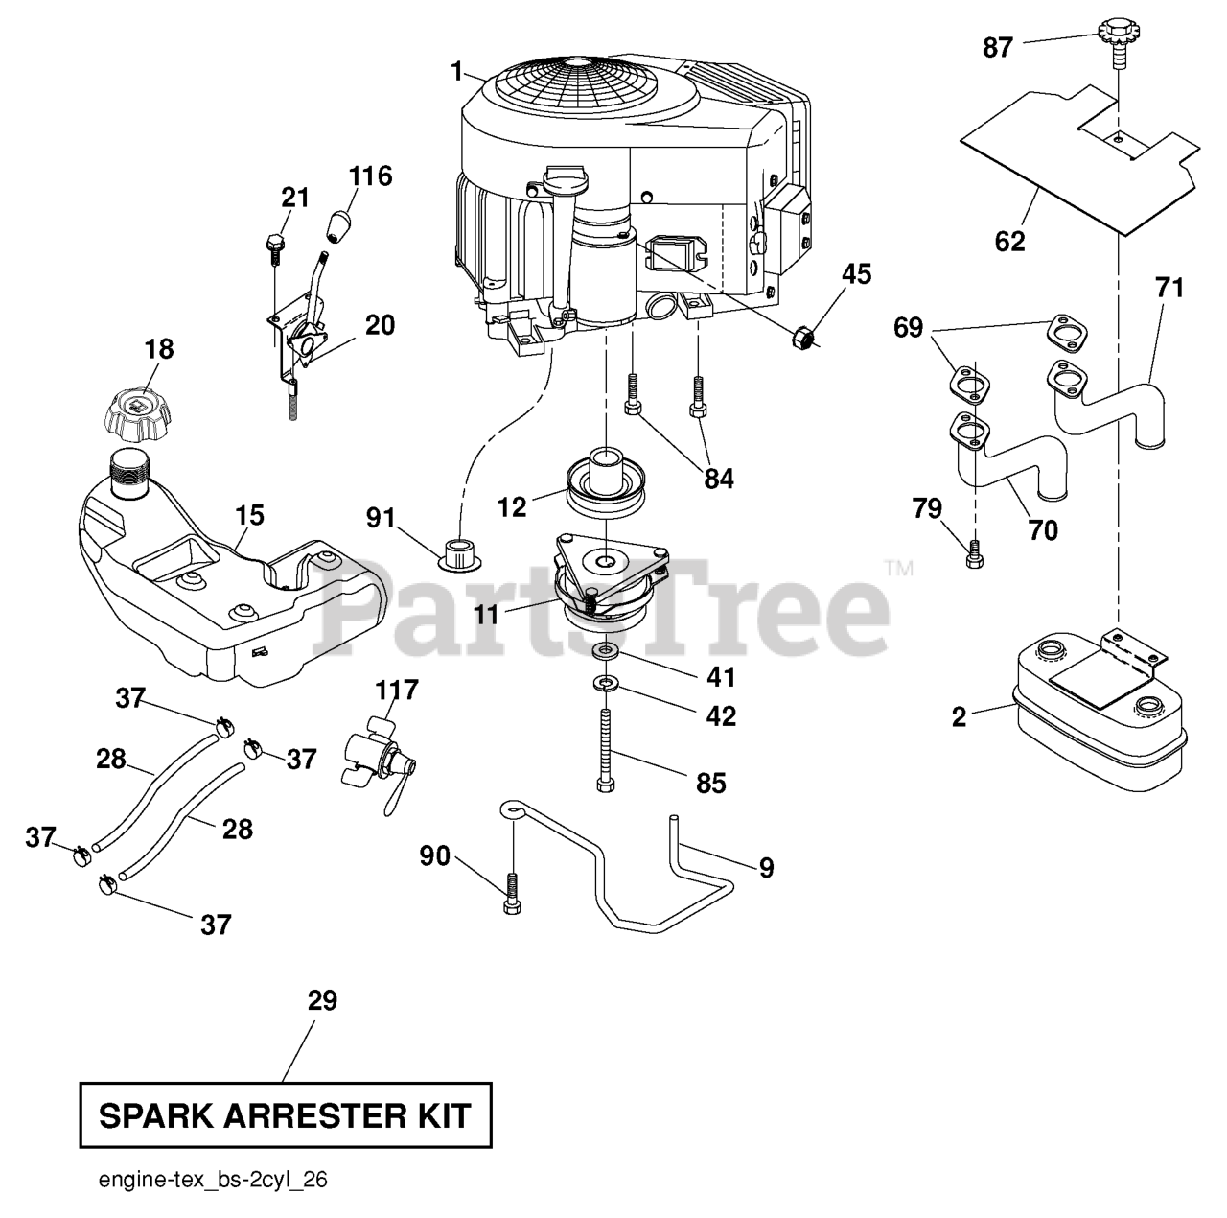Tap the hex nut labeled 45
coord(803,336)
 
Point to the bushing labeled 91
coord(459,554)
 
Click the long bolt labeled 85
coord(604,750)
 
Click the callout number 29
coord(322,1000)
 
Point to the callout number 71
coord(1169,288)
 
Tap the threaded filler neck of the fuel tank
coord(131,470)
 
